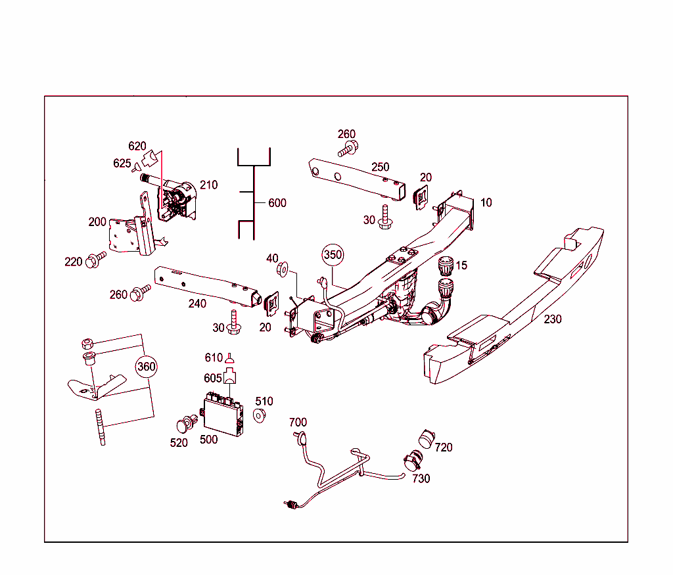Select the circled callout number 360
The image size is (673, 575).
click(x=147, y=367)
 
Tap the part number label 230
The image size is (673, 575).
click(x=553, y=319)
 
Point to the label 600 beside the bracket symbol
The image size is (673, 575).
click(x=277, y=203)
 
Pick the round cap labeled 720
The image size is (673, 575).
click(x=427, y=438)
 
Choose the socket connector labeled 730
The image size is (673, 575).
click(x=413, y=461)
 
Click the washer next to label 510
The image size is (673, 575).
click(x=259, y=415)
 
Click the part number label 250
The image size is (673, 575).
click(x=380, y=167)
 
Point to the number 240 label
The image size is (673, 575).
click(x=197, y=304)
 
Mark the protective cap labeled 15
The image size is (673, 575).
click(x=445, y=267)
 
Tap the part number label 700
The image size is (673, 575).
click(x=298, y=422)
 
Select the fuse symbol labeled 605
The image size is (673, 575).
click(x=231, y=377)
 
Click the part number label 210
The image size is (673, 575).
click(x=208, y=185)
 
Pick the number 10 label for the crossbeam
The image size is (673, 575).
click(x=486, y=202)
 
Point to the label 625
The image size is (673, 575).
click(x=122, y=163)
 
